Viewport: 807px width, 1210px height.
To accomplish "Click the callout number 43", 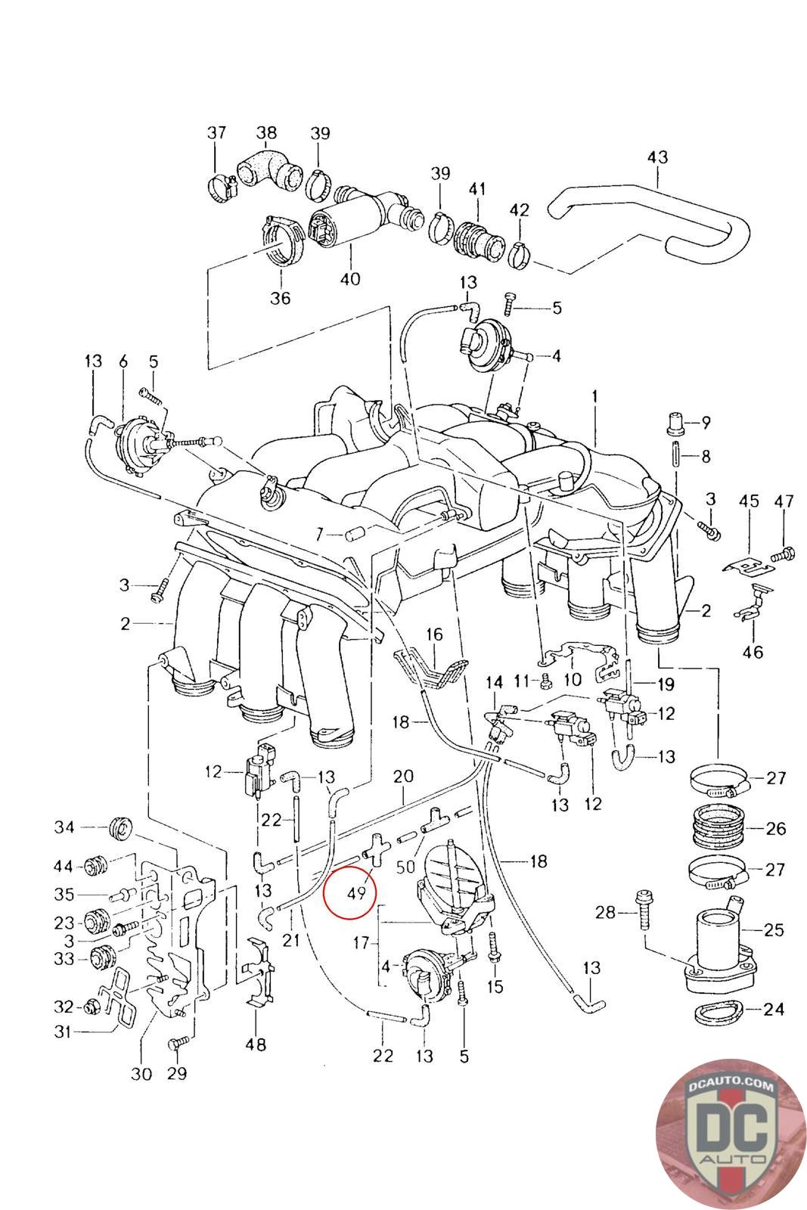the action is coord(657,157).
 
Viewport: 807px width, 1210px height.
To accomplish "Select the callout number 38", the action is coord(266,133).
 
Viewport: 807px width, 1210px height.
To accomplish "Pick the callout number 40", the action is coord(350,279).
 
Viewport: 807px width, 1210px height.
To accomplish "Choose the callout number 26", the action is coord(776,828).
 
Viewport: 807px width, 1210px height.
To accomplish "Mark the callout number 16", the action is coord(435,634).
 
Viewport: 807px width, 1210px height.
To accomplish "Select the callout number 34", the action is coord(64,827).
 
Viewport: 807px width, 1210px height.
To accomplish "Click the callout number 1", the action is coord(594,396).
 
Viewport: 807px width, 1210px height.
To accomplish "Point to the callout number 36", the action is coord(280,298).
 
